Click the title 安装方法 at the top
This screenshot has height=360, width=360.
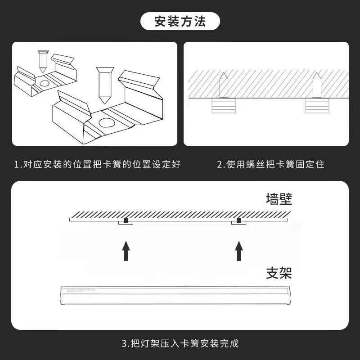pos(180,22)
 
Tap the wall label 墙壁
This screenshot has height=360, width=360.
pos(279,198)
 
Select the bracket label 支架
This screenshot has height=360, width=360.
pos(279,273)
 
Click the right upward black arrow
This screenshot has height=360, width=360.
pos(238,251)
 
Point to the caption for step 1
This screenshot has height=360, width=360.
pos(98,164)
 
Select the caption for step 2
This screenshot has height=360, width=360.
pos(270,164)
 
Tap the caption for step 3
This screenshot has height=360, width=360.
pos(180,344)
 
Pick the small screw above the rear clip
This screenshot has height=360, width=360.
pos(43,60)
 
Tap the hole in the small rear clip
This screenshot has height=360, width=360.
pos(45,84)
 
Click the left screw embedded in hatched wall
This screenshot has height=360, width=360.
pos(224,85)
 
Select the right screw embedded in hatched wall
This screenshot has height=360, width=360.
pos(317,85)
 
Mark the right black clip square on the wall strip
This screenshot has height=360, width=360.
pos(238,220)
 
